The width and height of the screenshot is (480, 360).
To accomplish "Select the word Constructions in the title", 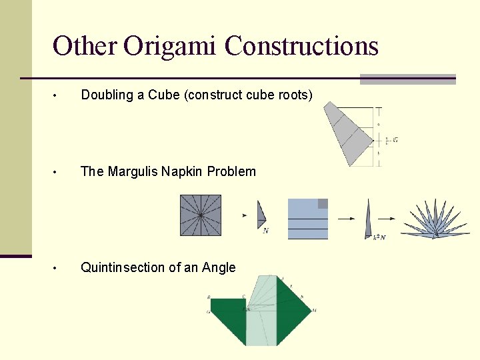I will click(x=301, y=47).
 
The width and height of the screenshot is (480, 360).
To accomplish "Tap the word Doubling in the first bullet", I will click(x=107, y=95).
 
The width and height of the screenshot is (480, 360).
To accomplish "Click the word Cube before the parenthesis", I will click(x=164, y=95).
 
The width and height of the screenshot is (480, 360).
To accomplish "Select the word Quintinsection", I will click(x=122, y=267).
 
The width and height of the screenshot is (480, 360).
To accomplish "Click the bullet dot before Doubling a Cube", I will click(x=58, y=96).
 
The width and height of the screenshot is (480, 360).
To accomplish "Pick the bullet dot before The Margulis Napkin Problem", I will click(x=58, y=172).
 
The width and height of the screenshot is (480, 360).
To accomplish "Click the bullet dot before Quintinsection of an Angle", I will click(x=58, y=268).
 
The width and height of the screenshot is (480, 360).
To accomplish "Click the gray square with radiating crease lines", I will click(x=201, y=215).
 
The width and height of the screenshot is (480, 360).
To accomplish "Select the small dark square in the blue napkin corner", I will click(x=323, y=203).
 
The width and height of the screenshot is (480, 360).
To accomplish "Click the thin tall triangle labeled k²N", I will click(x=368, y=220).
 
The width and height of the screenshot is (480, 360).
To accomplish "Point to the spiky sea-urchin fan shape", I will click(x=434, y=221).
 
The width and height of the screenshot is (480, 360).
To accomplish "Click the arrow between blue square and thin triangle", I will click(x=347, y=218).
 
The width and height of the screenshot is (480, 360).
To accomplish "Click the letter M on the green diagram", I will click(x=314, y=310).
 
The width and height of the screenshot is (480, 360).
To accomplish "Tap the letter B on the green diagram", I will click(x=209, y=297).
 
